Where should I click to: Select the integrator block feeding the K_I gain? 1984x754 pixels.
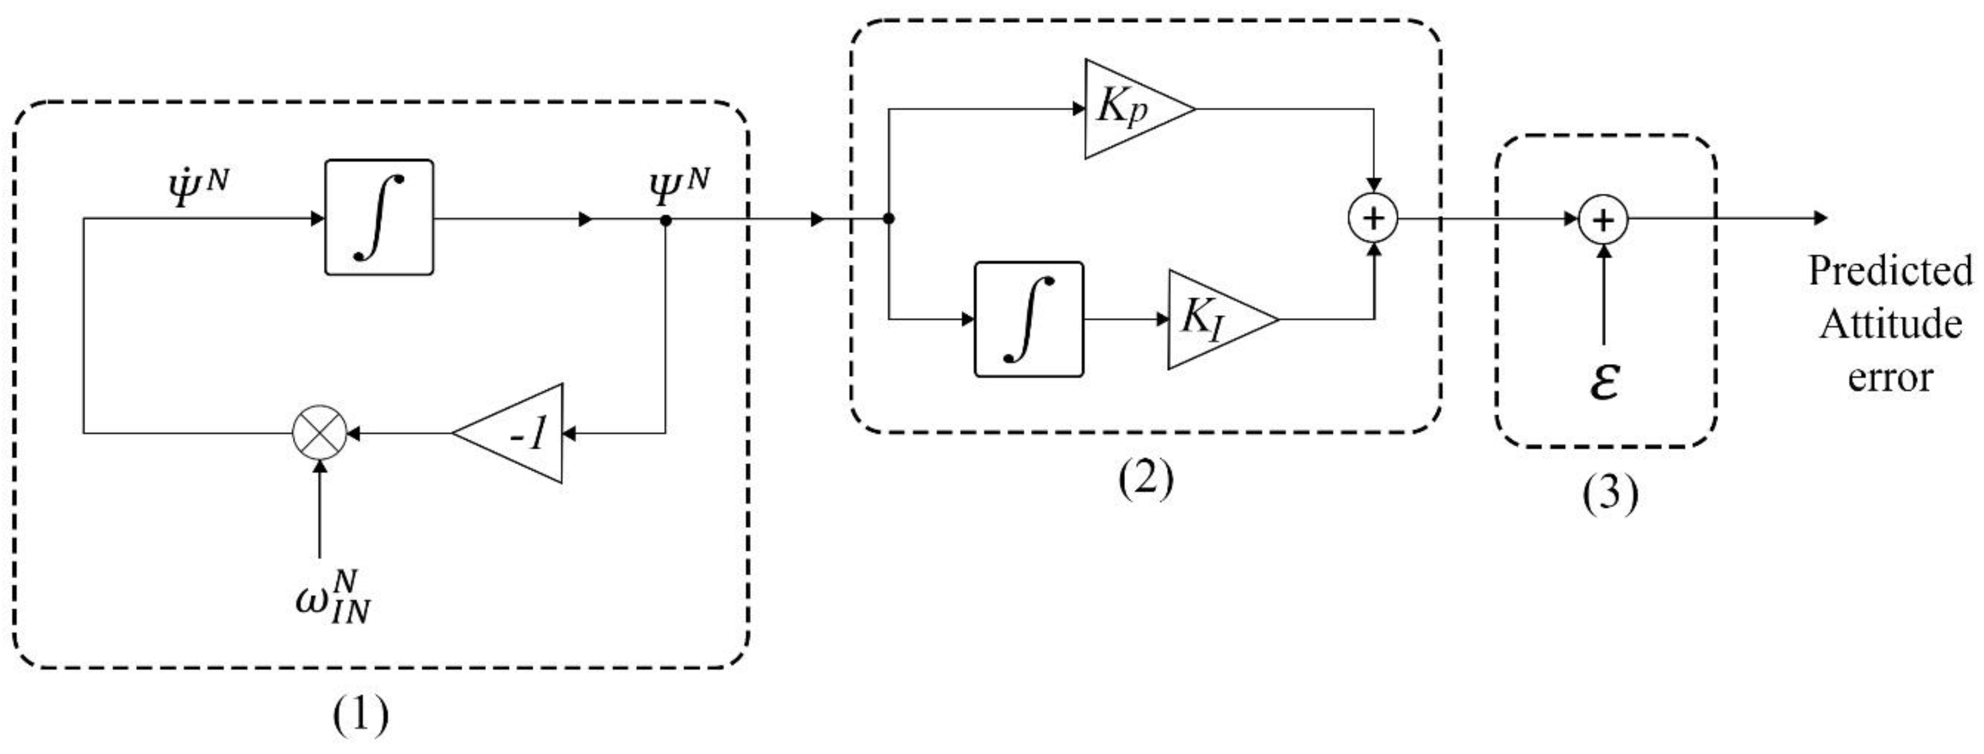(1029, 319)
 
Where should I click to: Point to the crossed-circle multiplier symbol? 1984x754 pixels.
(319, 433)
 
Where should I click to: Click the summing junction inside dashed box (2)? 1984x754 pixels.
(1372, 219)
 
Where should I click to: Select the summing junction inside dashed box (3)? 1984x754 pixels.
(1603, 220)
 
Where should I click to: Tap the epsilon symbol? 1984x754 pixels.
(1604, 381)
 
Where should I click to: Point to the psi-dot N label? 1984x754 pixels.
(197, 189)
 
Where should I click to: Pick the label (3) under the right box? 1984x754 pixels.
(1610, 494)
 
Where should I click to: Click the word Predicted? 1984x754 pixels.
(1890, 271)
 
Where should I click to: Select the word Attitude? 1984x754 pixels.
(1890, 324)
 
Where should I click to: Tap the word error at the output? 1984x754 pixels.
(1890, 378)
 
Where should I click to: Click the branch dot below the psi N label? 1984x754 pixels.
(665, 220)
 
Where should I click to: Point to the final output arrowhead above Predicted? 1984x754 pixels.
(1819, 219)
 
